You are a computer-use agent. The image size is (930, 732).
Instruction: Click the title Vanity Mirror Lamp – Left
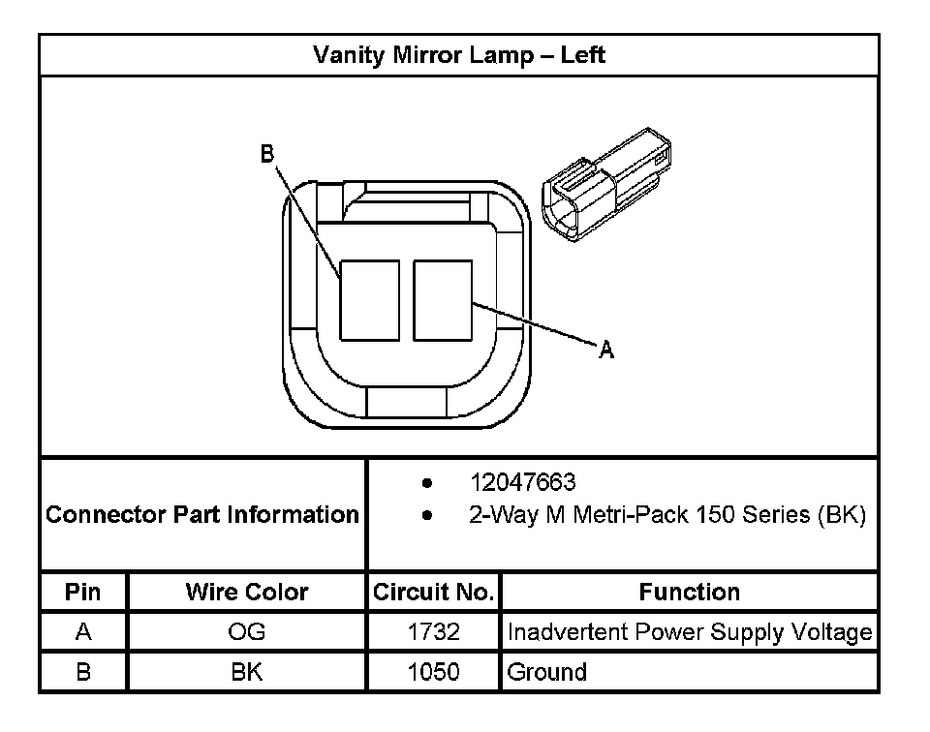459,55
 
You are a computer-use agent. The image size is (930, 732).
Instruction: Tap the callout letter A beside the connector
606,351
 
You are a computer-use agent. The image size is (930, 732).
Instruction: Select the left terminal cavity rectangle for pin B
369,300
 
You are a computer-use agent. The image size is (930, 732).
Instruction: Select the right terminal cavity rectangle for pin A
443,300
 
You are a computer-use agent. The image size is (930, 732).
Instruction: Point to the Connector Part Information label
202,514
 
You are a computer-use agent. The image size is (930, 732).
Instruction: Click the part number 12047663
522,482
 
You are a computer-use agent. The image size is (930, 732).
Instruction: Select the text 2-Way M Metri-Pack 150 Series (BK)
666,515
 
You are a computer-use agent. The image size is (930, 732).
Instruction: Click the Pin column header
82,592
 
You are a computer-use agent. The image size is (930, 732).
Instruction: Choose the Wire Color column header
247,592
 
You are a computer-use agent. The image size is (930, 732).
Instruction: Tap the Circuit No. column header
434,592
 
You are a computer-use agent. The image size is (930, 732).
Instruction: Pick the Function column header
689,592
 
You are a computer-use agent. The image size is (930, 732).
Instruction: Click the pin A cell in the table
83,633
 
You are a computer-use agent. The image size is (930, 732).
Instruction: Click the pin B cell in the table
83,672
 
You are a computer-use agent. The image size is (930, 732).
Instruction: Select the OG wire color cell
247,633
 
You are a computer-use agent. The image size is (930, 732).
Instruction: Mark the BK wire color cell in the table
247,672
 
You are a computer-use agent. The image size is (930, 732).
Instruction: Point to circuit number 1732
434,633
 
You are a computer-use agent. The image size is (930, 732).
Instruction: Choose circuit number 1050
434,672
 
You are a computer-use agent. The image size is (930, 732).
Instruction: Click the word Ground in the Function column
547,672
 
